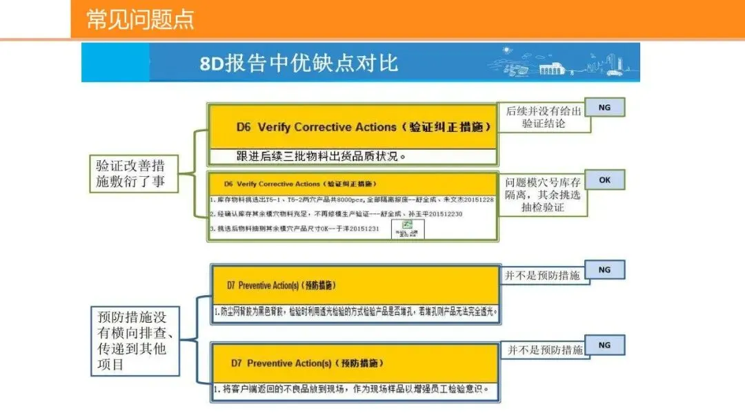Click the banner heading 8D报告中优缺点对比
pos(299,64)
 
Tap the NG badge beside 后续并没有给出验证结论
pos(604,108)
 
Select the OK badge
pos(604,180)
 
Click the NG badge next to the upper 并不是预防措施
pos(604,269)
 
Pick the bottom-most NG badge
pos(604,345)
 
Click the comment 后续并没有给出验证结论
pos(544,117)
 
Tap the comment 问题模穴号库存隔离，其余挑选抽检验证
pos(543,195)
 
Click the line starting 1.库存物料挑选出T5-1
pos(352,200)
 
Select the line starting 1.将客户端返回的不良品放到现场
pos(355,389)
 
